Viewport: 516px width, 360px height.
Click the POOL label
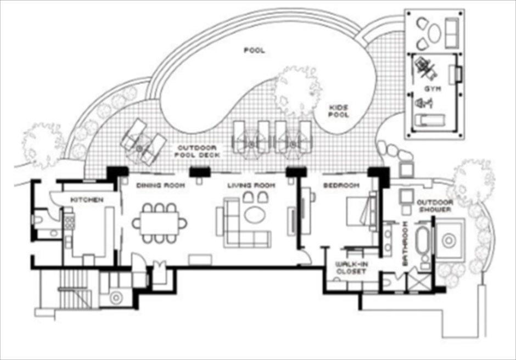point(254,50)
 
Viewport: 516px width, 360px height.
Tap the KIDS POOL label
point(339,111)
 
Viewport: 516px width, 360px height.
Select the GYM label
point(433,89)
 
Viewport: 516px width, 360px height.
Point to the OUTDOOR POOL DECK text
point(197,151)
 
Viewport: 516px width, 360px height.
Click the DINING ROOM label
point(161,185)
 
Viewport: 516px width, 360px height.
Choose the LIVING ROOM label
point(251,185)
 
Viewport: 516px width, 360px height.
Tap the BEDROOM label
point(341,185)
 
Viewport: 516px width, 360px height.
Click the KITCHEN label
point(87,200)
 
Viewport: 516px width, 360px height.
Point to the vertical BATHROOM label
point(405,244)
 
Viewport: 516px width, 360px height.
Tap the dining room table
point(160,223)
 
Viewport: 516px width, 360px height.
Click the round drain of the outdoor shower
point(448,240)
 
